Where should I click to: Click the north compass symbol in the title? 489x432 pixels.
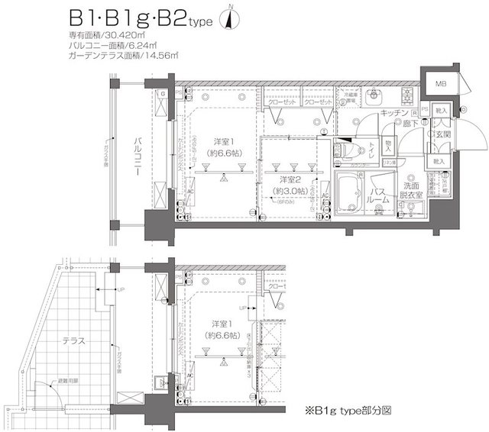pyautogui.click(x=230, y=20)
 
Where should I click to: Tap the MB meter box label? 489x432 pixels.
pyautogui.click(x=442, y=85)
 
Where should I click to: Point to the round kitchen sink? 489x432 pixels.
pyautogui.click(x=374, y=96)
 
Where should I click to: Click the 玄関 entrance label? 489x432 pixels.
pyautogui.click(x=442, y=134)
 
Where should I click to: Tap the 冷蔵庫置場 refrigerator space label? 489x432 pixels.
pyautogui.click(x=350, y=98)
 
